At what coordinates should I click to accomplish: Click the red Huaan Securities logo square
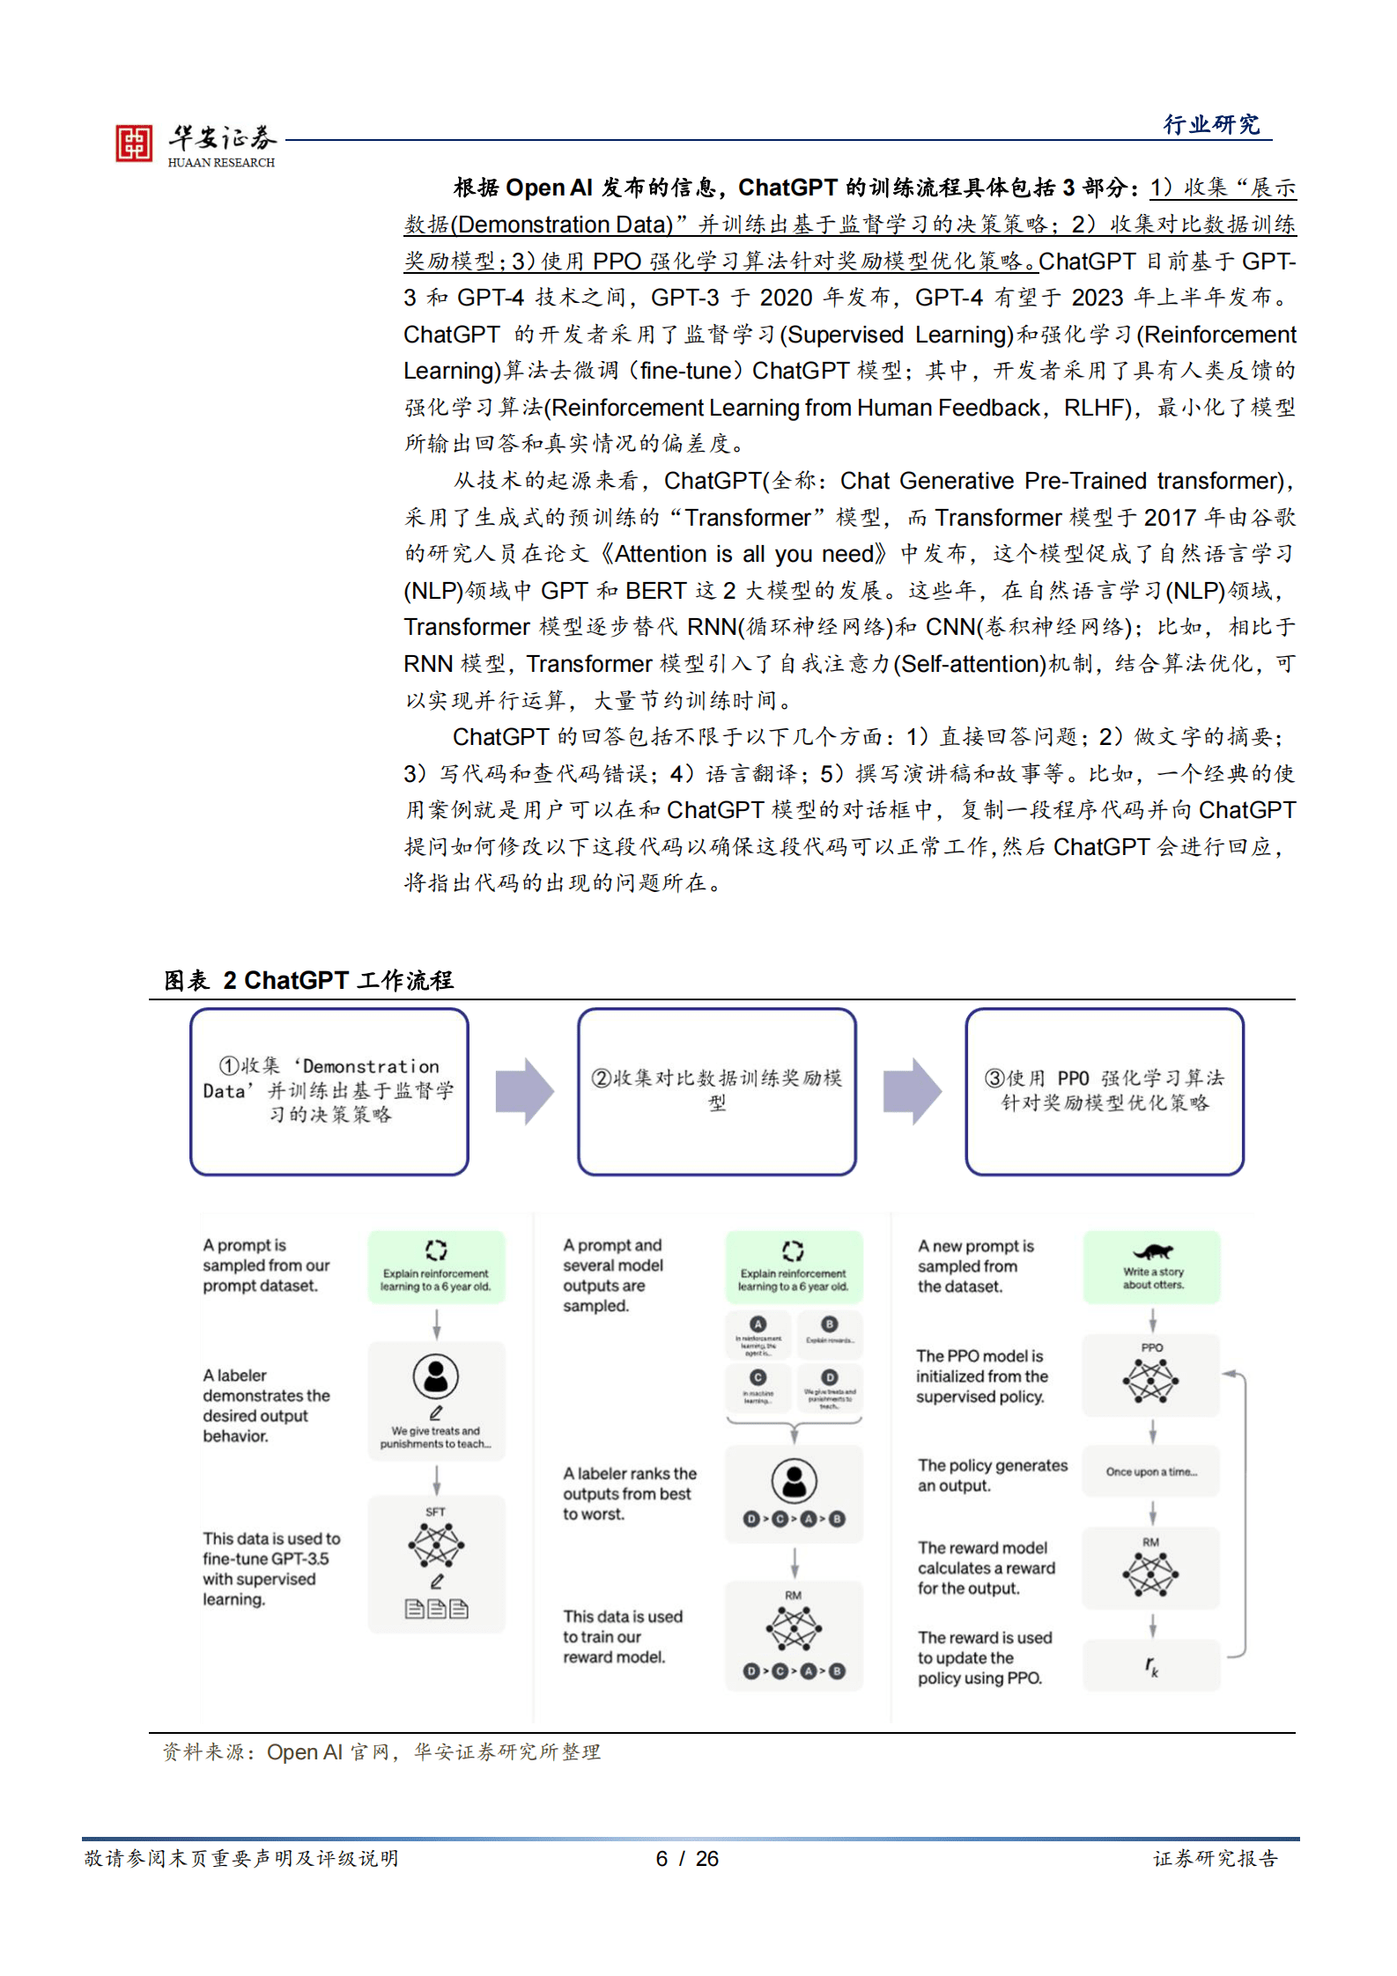pyautogui.click(x=134, y=144)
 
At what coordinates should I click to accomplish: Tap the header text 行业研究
pyautogui.click(x=1211, y=125)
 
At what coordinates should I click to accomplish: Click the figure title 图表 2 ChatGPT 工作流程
pyautogui.click(x=308, y=980)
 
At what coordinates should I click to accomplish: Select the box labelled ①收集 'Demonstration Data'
pyautogui.click(x=329, y=1091)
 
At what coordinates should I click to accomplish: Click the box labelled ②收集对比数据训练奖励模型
pyautogui.click(x=717, y=1091)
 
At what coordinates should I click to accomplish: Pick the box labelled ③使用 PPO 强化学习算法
pyautogui.click(x=1105, y=1091)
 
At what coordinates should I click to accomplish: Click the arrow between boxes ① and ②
pyautogui.click(x=524, y=1092)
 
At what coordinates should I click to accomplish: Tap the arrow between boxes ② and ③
pyautogui.click(x=912, y=1092)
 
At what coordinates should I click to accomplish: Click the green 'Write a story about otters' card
pyautogui.click(x=1152, y=1267)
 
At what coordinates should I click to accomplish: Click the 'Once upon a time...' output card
pyautogui.click(x=1151, y=1471)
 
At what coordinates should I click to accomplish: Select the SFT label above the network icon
pyautogui.click(x=435, y=1512)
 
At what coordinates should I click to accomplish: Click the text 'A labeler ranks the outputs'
pyautogui.click(x=629, y=1493)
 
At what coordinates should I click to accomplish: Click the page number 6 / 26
pyautogui.click(x=687, y=1858)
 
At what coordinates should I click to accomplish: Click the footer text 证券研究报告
pyautogui.click(x=1215, y=1858)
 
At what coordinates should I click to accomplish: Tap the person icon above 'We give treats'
pyautogui.click(x=436, y=1376)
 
